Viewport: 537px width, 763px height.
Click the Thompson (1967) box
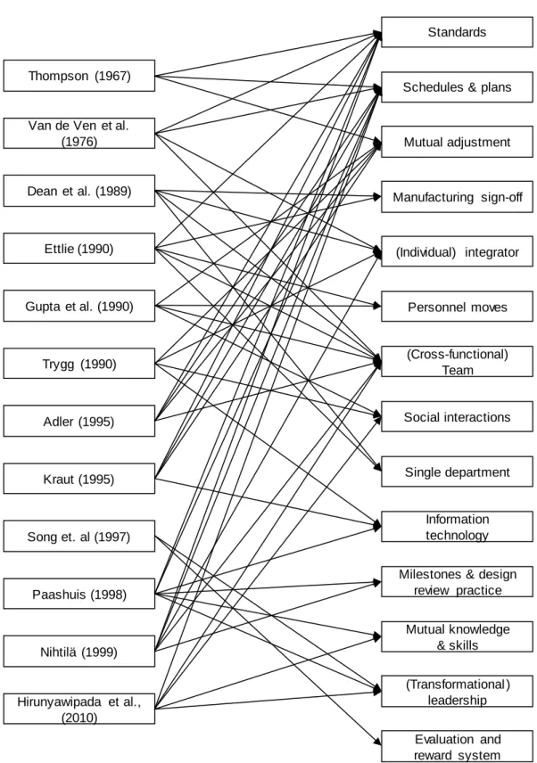[x=79, y=76]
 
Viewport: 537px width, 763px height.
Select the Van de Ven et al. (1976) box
[x=79, y=133]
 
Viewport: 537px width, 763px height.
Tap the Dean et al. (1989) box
[x=79, y=191]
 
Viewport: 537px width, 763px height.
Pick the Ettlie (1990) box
[x=79, y=248]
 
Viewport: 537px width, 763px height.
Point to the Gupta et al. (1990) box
[x=79, y=306]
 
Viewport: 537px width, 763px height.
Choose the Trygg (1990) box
[x=79, y=363]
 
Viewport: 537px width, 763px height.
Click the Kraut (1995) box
[x=79, y=479]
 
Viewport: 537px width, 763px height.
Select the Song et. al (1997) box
[x=79, y=536]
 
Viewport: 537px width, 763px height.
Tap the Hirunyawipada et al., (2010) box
[x=79, y=709]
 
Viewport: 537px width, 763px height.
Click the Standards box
[x=457, y=32]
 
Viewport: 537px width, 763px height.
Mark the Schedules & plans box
[x=457, y=87]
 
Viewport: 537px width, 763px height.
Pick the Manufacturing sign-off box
[x=457, y=197]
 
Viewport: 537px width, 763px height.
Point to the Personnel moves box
[x=457, y=307]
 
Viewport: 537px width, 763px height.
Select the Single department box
[x=457, y=472]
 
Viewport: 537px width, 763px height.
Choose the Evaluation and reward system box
[x=457, y=746]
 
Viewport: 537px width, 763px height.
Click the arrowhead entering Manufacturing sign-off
[x=377, y=197]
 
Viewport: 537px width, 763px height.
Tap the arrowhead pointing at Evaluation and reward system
[x=377, y=742]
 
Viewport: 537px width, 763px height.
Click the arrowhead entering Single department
[x=377, y=468]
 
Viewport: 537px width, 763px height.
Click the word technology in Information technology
[x=457, y=536]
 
